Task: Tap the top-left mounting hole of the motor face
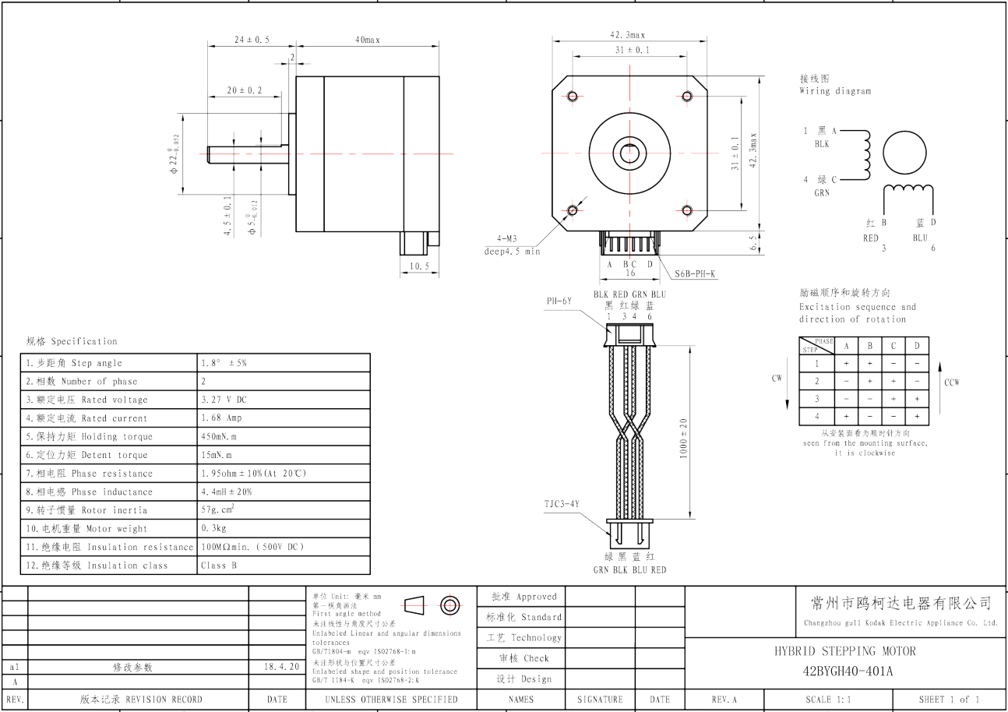(x=573, y=96)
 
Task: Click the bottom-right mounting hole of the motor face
(x=687, y=210)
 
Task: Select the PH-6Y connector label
(x=559, y=300)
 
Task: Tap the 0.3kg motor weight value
(x=214, y=529)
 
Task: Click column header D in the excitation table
(x=917, y=346)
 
